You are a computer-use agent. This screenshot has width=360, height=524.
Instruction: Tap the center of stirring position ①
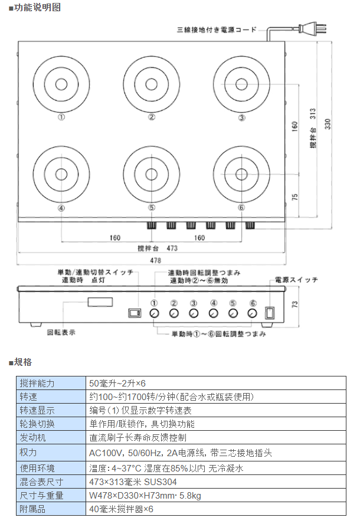pyautogui.click(x=61, y=84)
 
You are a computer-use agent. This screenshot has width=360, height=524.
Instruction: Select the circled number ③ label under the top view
pyautogui.click(x=241, y=117)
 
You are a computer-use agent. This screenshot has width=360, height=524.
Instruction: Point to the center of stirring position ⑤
pyautogui.click(x=152, y=174)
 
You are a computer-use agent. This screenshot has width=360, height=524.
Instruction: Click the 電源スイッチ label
pyautogui.click(x=293, y=280)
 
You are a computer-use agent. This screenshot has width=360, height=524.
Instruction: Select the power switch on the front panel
pyautogui.click(x=269, y=313)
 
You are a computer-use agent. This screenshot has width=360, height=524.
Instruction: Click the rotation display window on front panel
pyautogui.click(x=100, y=302)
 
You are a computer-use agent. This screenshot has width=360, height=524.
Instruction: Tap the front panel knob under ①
pyautogui.click(x=154, y=313)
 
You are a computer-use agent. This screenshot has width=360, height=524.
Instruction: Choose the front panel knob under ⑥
pyautogui.click(x=253, y=313)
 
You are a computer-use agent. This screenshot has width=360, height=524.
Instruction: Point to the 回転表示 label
pyautogui.click(x=61, y=332)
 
